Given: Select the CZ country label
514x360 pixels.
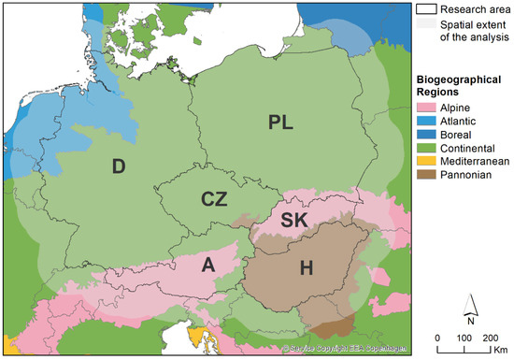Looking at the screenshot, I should [x=215, y=198].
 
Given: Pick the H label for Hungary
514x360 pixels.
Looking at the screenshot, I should [x=306, y=269].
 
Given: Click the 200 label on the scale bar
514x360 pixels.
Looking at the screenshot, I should [x=489, y=338].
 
